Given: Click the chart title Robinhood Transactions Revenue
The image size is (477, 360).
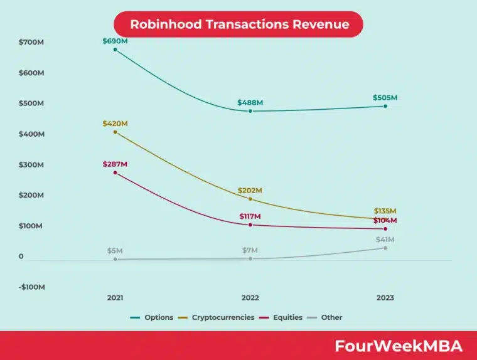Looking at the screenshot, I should [238, 24].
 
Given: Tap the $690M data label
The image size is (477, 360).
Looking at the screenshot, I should [115, 41].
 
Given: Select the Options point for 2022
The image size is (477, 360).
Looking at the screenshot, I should [250, 111].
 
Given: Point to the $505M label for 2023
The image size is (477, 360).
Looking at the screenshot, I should [385, 98].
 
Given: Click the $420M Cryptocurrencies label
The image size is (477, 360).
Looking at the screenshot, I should [115, 124].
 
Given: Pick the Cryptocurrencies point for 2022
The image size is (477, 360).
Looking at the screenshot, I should [250, 199].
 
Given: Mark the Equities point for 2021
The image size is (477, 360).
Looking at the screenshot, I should [115, 172].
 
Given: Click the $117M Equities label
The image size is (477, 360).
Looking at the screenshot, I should [250, 216].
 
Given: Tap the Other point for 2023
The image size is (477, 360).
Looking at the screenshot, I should [385, 248].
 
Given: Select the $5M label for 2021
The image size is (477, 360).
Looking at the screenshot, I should [115, 251].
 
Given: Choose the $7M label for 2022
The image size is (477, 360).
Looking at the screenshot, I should [250, 251].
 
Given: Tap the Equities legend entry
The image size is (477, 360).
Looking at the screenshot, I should [282, 317].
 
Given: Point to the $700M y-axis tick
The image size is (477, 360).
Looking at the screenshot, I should [31, 42].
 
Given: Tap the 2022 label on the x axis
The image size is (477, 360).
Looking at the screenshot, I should [250, 298].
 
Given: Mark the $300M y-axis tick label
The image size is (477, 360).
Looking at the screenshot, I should [31, 165].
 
